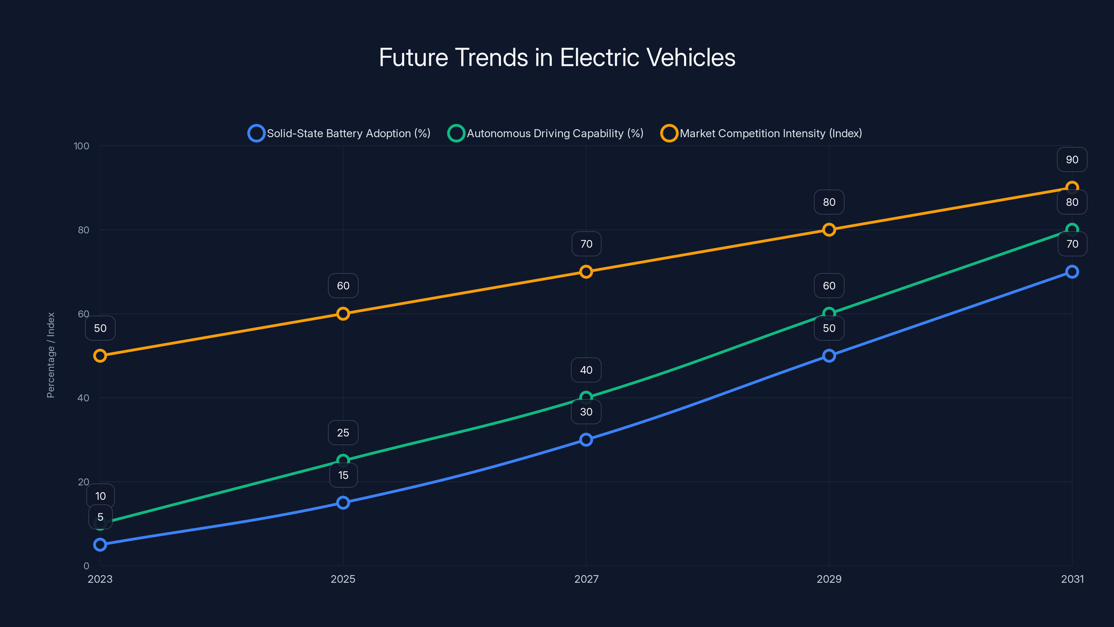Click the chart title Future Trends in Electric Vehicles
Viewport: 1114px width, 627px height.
tap(557, 57)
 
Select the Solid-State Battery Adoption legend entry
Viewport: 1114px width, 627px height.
tap(339, 133)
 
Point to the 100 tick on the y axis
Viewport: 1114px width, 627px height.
tap(81, 146)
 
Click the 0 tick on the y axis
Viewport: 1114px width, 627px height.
tap(86, 566)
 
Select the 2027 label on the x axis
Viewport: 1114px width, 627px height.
tap(586, 579)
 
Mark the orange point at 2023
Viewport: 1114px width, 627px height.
tap(100, 356)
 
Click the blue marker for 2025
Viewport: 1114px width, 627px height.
tap(343, 502)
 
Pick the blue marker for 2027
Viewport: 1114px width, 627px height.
tap(586, 440)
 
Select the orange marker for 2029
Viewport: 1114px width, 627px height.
tap(829, 230)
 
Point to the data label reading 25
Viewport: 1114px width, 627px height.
tap(343, 433)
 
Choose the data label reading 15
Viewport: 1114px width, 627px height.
tap(343, 475)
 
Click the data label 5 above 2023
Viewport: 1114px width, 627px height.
tap(100, 517)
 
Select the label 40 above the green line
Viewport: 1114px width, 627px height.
tap(586, 370)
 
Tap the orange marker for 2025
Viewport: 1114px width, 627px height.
tap(343, 314)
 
